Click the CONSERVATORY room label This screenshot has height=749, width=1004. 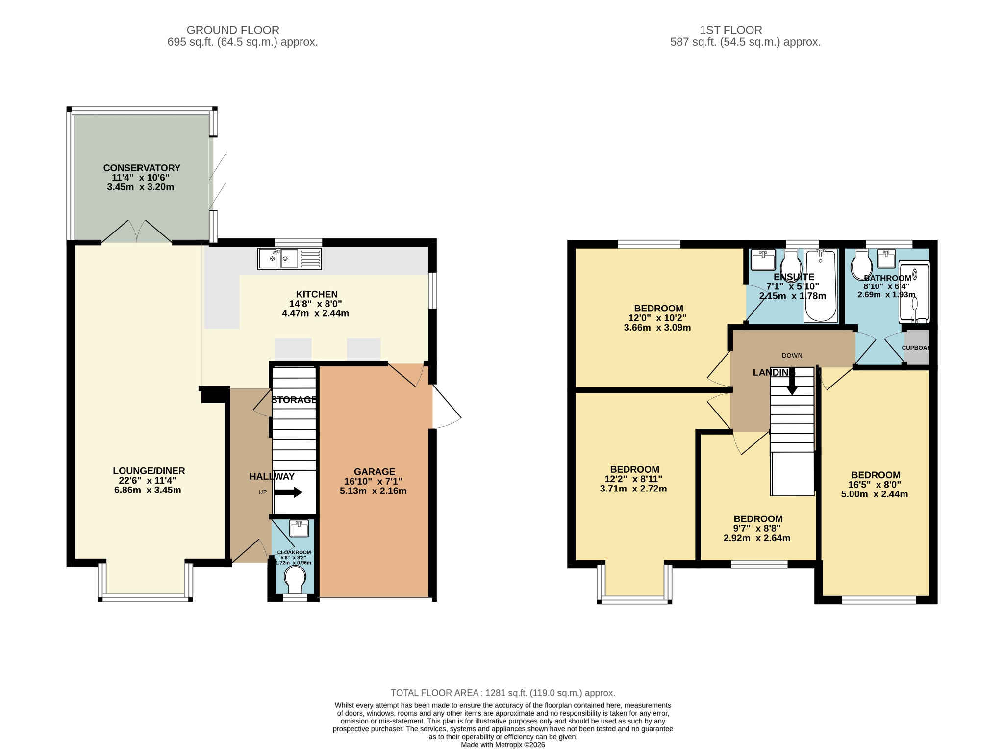coord(142,168)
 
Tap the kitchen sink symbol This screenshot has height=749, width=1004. coord(289,259)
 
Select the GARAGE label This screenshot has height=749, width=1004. coord(375,472)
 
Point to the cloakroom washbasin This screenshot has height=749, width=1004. coord(299,528)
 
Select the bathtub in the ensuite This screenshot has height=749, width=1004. coord(821,285)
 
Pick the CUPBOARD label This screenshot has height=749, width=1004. coord(916,348)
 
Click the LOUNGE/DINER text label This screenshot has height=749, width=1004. coord(149,471)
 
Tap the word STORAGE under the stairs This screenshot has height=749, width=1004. coord(294,400)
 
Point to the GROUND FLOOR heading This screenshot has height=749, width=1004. coord(233,30)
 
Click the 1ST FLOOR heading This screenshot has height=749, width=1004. coord(731,30)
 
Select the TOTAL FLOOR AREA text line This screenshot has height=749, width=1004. coord(502,693)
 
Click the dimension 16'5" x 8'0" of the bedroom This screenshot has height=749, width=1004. coord(875,485)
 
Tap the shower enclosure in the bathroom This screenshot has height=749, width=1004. coord(914,293)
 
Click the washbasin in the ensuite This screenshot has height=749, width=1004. coord(763,259)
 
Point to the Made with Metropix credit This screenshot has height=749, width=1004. coord(503,745)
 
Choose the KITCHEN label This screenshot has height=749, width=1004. coord(317,294)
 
